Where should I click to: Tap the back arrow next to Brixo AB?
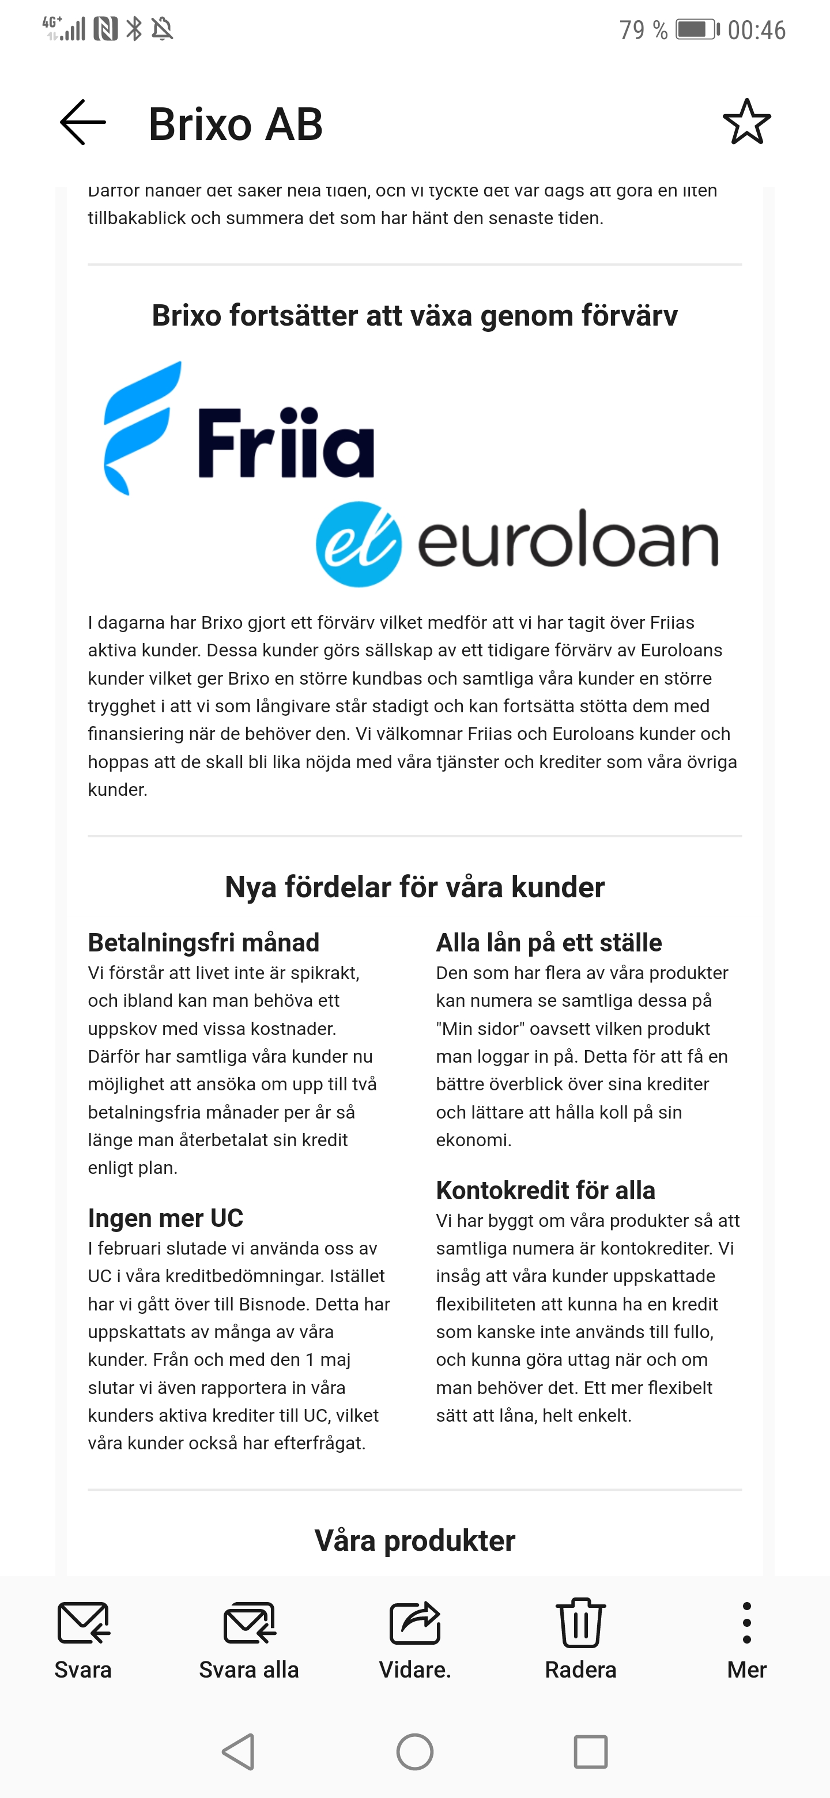pos(83,122)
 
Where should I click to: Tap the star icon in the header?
pos(746,122)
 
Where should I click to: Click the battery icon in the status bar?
pos(696,30)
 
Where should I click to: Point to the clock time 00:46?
pos(757,30)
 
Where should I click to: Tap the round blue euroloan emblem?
pos(359,544)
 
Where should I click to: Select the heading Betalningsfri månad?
pos(203,942)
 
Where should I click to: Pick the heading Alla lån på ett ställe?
pos(549,942)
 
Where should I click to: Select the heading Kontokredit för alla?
pos(545,1190)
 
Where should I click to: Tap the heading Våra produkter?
pos(414,1540)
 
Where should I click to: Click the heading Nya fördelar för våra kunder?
pos(414,887)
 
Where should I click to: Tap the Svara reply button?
pos(83,1637)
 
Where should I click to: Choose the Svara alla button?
pos(248,1637)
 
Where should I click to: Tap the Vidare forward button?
pos(414,1637)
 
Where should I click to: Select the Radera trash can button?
pos(580,1637)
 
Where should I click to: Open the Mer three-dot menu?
pos(746,1637)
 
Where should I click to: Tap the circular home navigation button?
pos(414,1752)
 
